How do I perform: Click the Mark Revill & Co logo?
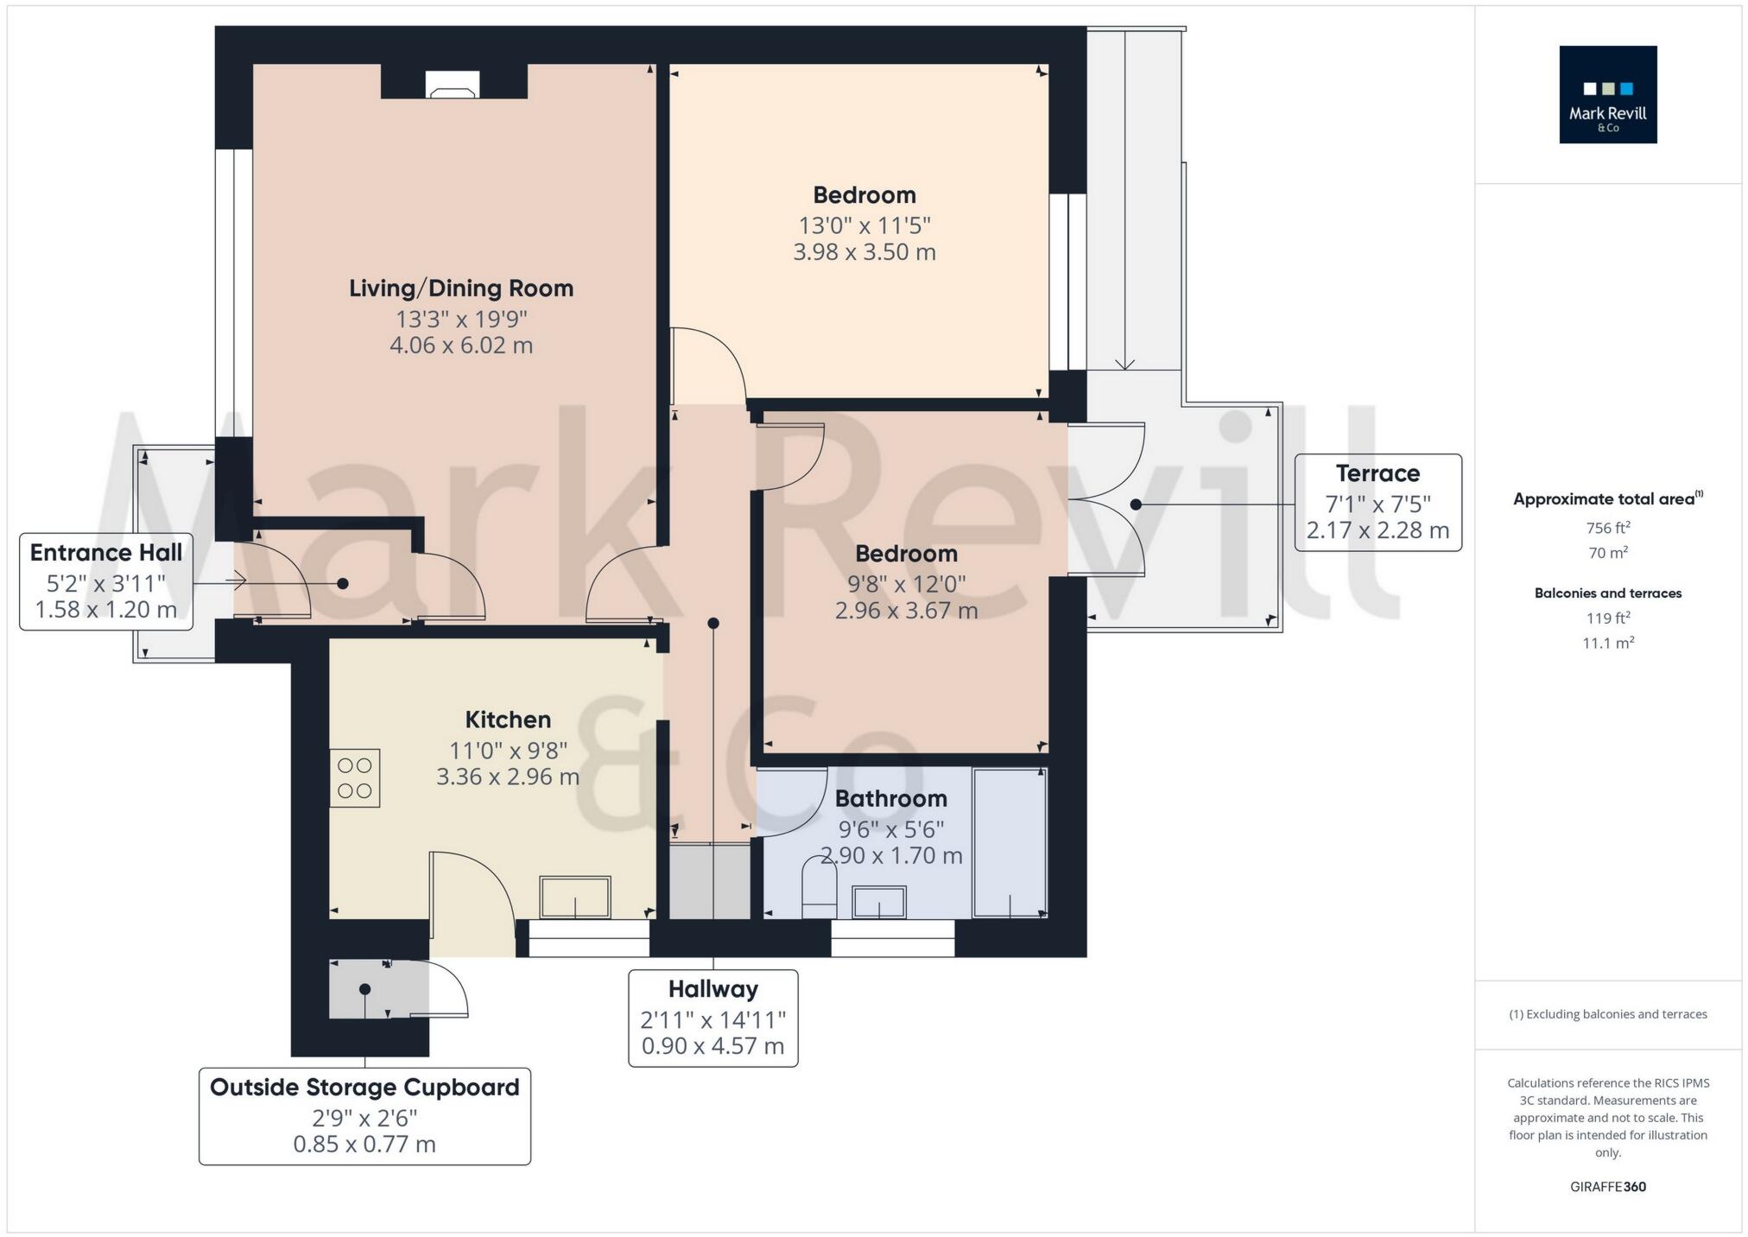(1607, 94)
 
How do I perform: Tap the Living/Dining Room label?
(461, 289)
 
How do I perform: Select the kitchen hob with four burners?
(355, 777)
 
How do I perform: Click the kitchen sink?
(575, 897)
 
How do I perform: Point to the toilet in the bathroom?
(819, 887)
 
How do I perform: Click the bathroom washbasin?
(878, 902)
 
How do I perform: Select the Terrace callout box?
(1377, 502)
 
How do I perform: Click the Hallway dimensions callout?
(712, 1018)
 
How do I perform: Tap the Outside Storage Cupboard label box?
(364, 1116)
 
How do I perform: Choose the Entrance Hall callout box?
(105, 580)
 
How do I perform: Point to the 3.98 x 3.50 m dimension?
(864, 252)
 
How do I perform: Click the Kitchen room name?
(508, 720)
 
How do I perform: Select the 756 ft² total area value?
(1607, 528)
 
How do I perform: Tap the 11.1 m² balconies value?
(1607, 643)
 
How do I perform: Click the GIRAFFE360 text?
(1607, 1187)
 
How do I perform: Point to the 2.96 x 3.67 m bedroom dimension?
(906, 611)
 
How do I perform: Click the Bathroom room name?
(890, 798)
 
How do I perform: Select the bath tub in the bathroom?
(1010, 842)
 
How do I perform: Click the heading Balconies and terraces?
(1607, 593)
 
